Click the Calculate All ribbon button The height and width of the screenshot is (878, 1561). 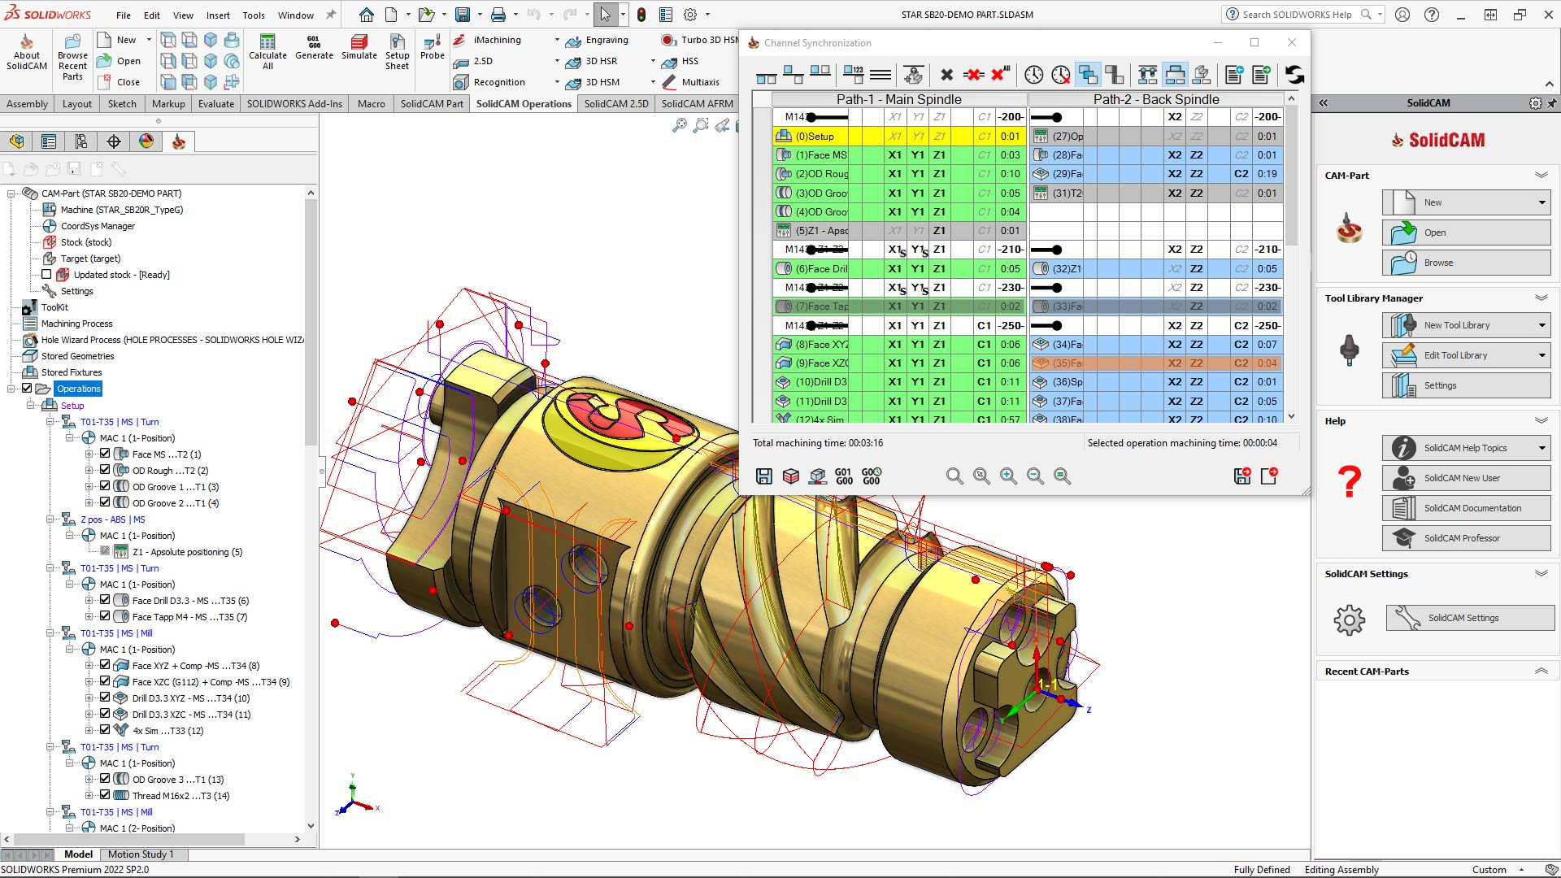[267, 50]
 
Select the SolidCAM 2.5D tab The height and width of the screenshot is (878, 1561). [615, 103]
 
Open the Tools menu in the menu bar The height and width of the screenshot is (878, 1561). [254, 15]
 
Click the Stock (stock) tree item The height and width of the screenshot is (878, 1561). [85, 242]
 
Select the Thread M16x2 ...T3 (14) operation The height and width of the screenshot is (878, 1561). [180, 796]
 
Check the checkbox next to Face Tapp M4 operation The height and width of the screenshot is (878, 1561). [105, 616]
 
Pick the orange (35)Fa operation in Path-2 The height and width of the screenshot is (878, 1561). [1067, 363]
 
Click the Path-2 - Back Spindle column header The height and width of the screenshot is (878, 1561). [1155, 99]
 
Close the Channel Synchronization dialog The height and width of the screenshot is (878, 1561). [1291, 42]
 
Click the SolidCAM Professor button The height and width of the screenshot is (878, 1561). [1461, 538]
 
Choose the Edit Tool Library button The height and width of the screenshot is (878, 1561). [1454, 355]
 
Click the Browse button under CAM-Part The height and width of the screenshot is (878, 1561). [1437, 263]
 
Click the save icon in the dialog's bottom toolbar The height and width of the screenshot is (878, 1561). [763, 476]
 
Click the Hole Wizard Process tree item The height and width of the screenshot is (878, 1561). [172, 340]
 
